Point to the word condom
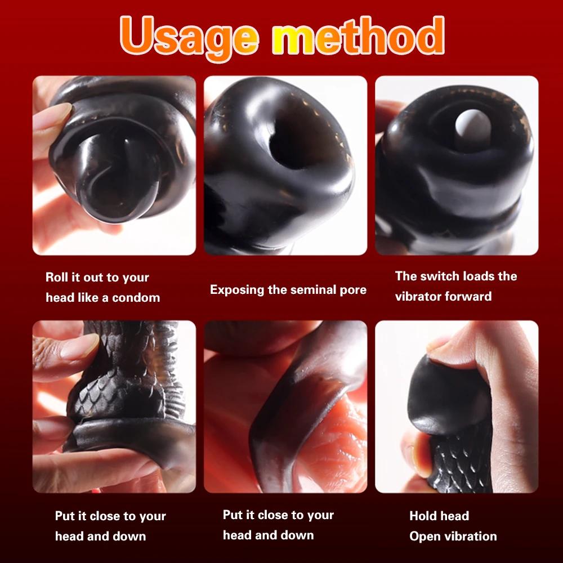136,297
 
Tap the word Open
426,536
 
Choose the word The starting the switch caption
406,276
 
